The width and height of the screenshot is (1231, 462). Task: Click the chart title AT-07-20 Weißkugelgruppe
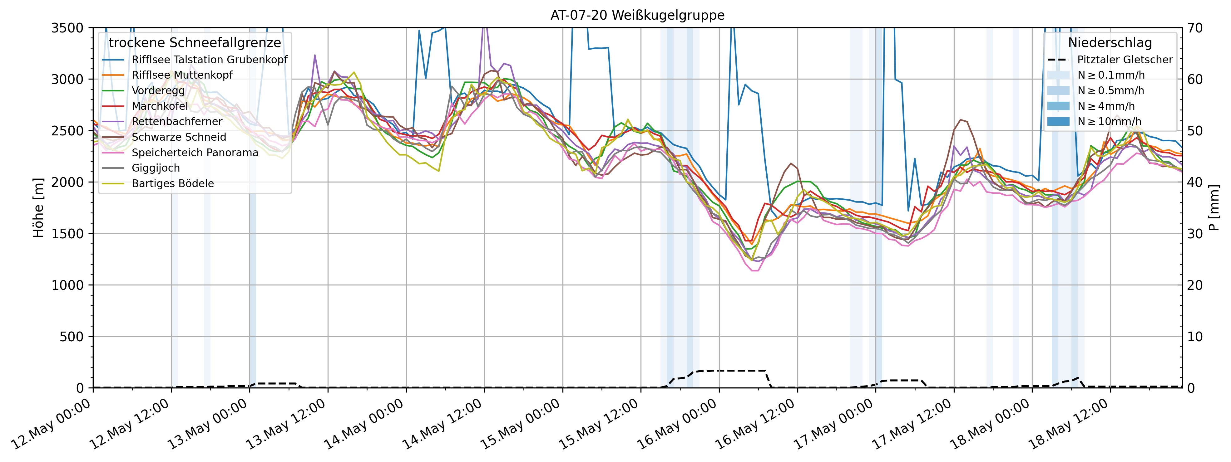pos(637,15)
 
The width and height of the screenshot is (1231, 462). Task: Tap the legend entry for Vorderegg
pos(158,91)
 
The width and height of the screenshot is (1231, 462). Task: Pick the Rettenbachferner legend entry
pos(177,122)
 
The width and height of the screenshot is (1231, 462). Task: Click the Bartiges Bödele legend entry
pos(172,184)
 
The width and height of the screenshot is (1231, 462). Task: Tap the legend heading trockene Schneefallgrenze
pos(195,43)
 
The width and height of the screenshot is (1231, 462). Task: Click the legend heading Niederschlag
pos(1110,43)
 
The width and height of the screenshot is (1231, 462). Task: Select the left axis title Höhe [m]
pos(38,208)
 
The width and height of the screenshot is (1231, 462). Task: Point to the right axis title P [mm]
pos(1214,208)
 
